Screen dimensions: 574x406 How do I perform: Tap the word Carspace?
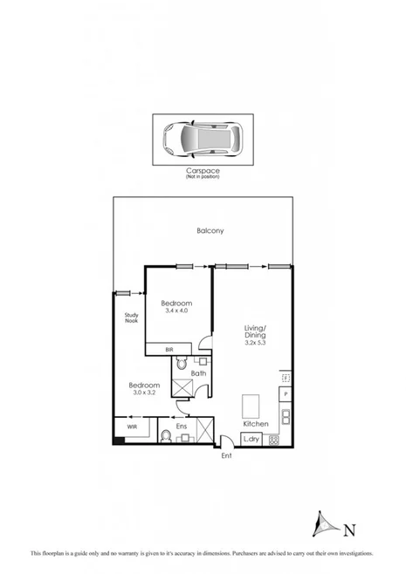click(x=203, y=171)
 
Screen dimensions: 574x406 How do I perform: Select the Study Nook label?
click(x=132, y=318)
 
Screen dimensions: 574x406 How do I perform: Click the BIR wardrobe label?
click(x=171, y=349)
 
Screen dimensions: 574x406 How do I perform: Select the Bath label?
click(x=199, y=373)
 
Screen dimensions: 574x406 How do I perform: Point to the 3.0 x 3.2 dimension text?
click(x=144, y=393)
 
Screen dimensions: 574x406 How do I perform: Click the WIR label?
click(x=132, y=427)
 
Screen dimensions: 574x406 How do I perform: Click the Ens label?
click(x=182, y=426)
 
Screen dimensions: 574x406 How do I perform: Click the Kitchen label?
click(x=255, y=424)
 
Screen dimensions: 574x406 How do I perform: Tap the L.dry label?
click(x=251, y=438)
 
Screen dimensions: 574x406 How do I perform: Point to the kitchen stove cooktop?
click(x=274, y=439)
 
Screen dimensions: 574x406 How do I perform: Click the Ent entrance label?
click(x=226, y=456)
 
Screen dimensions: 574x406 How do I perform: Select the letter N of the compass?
click(x=349, y=529)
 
